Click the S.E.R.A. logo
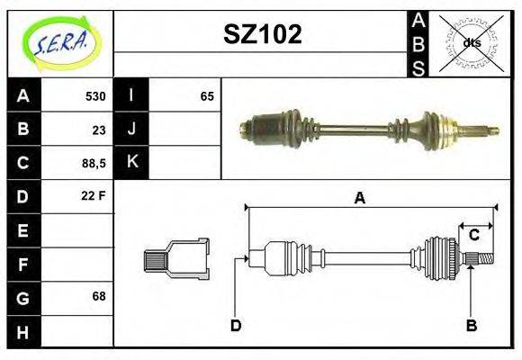(61, 43)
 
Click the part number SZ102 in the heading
(262, 35)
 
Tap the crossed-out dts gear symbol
(471, 42)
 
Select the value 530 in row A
(95, 96)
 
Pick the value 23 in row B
(99, 130)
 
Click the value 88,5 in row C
(94, 163)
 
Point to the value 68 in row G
(99, 296)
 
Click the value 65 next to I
(207, 96)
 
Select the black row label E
(22, 230)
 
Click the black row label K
(132, 163)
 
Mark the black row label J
(132, 130)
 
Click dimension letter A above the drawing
(360, 198)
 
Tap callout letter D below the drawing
(236, 325)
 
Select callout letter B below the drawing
(471, 325)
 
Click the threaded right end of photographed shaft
(485, 130)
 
